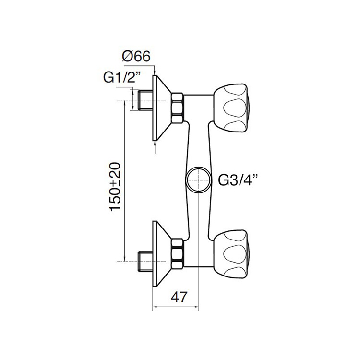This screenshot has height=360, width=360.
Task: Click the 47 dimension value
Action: click(x=177, y=297)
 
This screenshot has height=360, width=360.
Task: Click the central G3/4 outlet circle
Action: click(x=197, y=180)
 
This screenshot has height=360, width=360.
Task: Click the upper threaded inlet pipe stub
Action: click(x=144, y=100)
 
